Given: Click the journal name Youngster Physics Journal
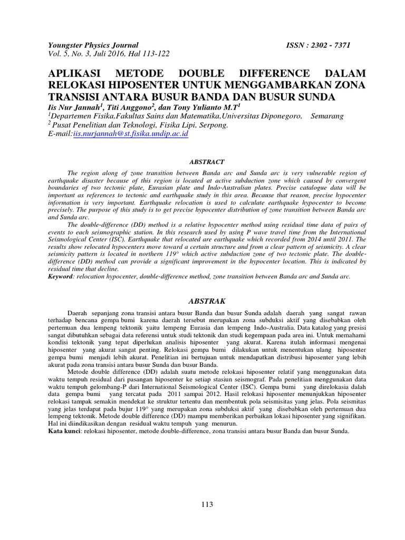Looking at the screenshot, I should pos(93,46).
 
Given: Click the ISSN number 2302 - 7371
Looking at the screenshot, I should pos(331,46).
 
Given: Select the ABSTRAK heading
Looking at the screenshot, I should pos(207,301).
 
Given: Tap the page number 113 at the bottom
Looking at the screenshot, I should pos(207,505).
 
